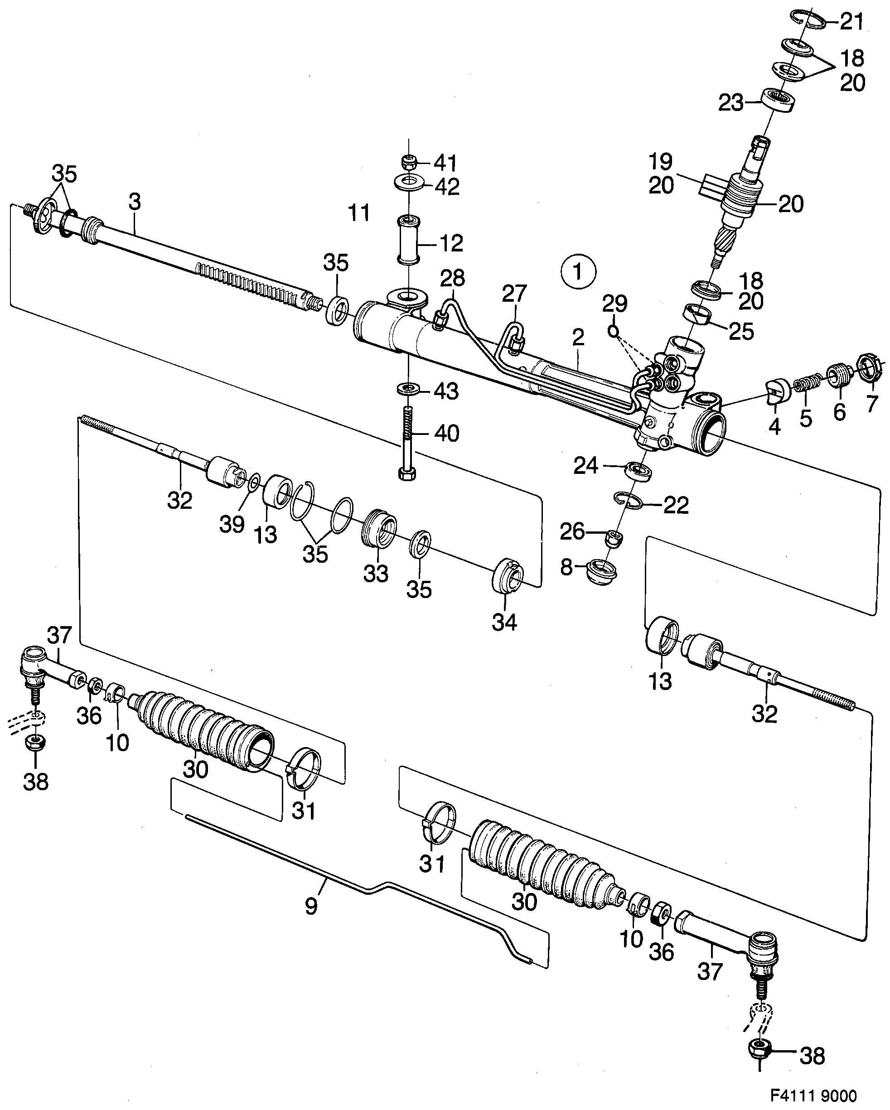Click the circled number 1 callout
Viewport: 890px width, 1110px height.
[x=578, y=271]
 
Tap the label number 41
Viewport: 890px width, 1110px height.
[x=445, y=163]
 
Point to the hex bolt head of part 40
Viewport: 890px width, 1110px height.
[x=407, y=473]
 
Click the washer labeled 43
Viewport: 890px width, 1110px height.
[x=408, y=388]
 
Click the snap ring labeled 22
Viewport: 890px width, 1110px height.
[x=629, y=499]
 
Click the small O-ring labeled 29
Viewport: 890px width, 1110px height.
[x=612, y=331]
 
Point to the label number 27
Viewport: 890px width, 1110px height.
[x=514, y=294]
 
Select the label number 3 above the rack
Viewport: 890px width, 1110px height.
[x=135, y=203]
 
